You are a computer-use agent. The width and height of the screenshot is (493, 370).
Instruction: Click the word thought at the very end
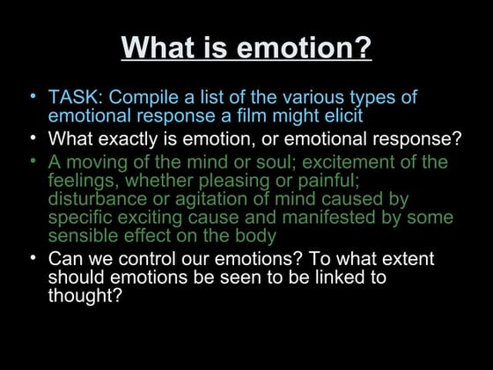click(85, 296)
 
